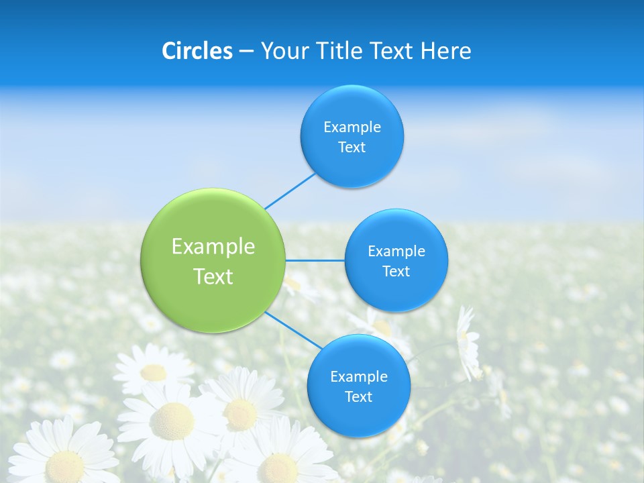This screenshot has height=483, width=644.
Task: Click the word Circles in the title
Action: pyautogui.click(x=197, y=51)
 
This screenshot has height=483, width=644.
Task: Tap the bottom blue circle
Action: pyautogui.click(x=358, y=416)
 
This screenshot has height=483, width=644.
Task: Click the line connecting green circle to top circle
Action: pyautogui.click(x=290, y=191)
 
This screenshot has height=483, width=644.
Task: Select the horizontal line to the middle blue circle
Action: pyautogui.click(x=315, y=260)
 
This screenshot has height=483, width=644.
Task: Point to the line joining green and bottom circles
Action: pyautogui.click(x=292, y=330)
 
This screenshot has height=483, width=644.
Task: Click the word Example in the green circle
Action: pyautogui.click(x=213, y=247)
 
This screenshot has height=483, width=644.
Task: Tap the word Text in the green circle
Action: pyautogui.click(x=213, y=276)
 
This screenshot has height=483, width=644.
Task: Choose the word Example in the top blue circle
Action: pyautogui.click(x=352, y=127)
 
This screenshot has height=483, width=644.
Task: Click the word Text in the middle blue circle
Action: pyautogui.click(x=396, y=272)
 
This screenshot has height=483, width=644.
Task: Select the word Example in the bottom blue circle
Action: pyautogui.click(x=359, y=376)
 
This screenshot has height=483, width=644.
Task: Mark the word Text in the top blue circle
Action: pyautogui.click(x=352, y=148)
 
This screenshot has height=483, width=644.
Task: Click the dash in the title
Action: pyautogui.click(x=246, y=51)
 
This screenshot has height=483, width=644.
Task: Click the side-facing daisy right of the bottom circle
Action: pyautogui.click(x=468, y=342)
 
